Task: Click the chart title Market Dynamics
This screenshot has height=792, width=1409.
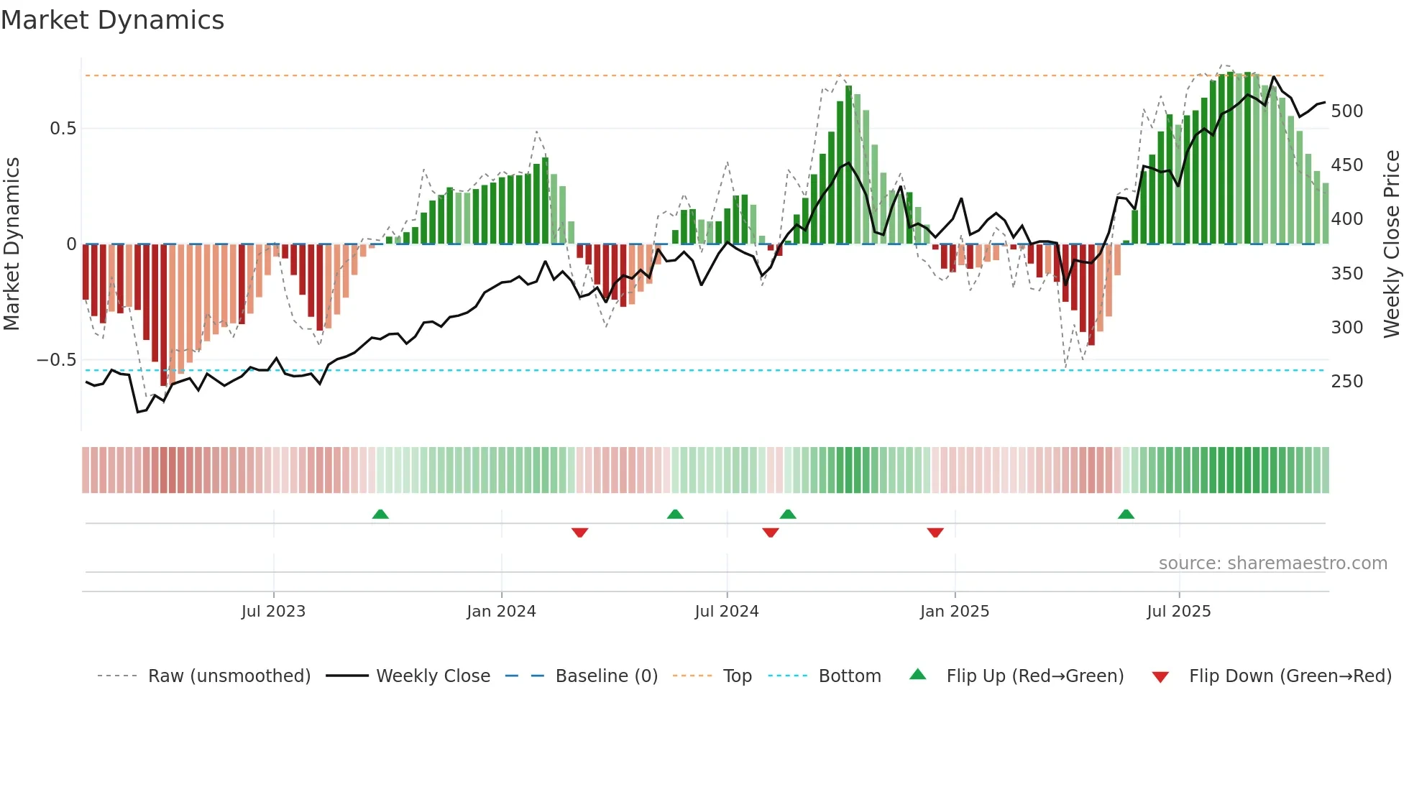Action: tap(112, 20)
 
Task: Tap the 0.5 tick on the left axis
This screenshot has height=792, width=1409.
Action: tap(63, 129)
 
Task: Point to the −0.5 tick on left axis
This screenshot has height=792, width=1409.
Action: tap(57, 360)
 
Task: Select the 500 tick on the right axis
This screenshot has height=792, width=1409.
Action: tap(1346, 111)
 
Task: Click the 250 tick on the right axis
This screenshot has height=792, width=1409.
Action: tap(1346, 382)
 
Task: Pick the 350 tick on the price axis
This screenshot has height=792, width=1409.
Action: tap(1346, 274)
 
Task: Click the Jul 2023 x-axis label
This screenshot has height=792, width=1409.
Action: tap(273, 612)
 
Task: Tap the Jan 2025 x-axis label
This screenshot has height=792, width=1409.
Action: tap(954, 612)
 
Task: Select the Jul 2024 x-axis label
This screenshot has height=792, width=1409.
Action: tap(726, 612)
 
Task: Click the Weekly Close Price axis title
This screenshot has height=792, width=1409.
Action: tap(1392, 244)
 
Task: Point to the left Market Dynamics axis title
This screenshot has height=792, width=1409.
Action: tap(12, 244)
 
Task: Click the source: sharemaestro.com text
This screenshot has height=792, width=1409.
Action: tap(1272, 563)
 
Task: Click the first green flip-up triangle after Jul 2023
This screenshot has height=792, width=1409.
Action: tap(380, 515)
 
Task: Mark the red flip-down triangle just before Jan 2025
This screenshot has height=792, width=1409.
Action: tap(935, 533)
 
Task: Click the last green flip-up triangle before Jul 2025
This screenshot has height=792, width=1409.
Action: tap(1126, 515)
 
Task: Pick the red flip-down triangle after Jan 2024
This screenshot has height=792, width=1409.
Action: tap(579, 533)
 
